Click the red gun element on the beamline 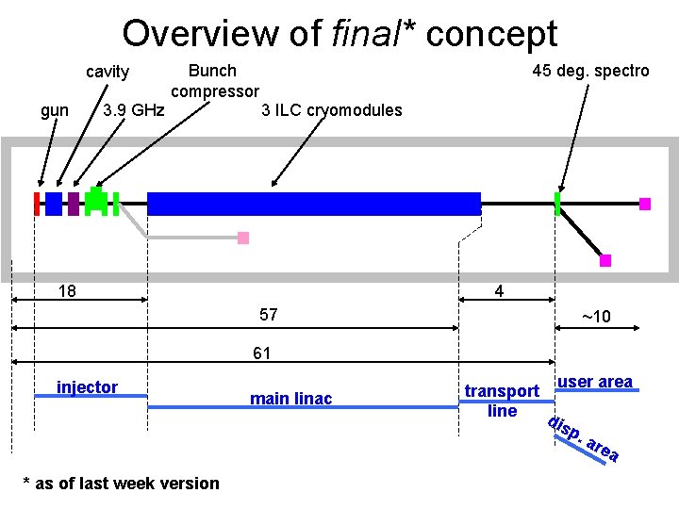(37, 204)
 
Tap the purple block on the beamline (74, 204)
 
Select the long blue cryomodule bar (314, 204)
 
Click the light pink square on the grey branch (243, 238)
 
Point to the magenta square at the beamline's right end (645, 204)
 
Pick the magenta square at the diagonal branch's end (605, 260)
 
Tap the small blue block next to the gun (54, 204)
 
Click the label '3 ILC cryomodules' (331, 110)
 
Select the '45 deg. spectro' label (590, 71)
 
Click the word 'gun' (55, 110)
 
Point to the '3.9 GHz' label (133, 110)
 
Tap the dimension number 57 (268, 315)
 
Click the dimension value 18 (67, 290)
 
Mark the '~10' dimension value (595, 317)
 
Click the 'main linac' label (290, 399)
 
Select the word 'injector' (88, 387)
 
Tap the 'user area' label (594, 382)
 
